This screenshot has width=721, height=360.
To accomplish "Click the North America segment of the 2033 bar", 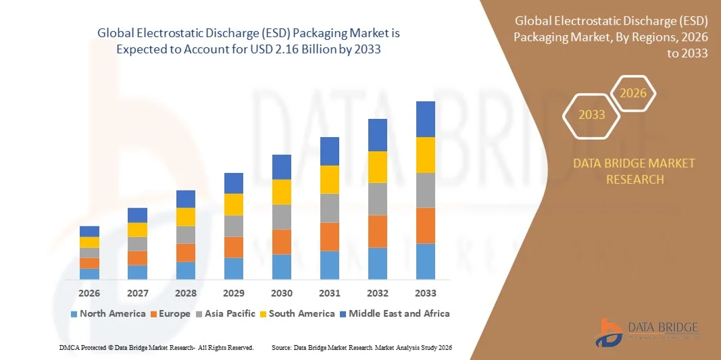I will [425, 261].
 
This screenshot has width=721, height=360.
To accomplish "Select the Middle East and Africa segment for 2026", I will [89, 231].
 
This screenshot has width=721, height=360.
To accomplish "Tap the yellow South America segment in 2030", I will [282, 192].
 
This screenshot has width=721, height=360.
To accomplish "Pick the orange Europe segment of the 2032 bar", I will [377, 231].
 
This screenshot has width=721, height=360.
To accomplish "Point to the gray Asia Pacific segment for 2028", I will [185, 234].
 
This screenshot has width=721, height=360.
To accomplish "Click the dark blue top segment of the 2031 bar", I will [329, 151].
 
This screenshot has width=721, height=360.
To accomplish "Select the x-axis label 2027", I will [137, 293].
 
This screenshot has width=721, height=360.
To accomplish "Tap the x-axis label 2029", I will [233, 293].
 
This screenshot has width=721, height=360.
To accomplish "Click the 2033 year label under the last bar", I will [425, 293].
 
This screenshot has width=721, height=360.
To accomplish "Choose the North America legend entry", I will [108, 313].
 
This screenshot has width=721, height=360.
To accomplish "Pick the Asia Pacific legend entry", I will [226, 313].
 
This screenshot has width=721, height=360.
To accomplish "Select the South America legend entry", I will [297, 313].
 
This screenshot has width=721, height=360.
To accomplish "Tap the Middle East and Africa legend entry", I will [394, 313].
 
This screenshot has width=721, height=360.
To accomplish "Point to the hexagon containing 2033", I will [592, 115].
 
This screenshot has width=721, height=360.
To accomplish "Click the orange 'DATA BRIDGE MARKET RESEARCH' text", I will [634, 172].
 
